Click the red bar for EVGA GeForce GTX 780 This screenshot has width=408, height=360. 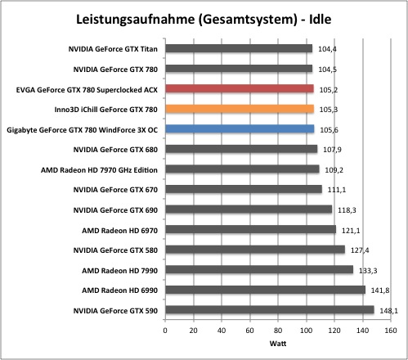point(240,88)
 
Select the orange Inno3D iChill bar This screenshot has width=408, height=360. point(240,109)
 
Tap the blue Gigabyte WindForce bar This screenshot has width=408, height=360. point(240,128)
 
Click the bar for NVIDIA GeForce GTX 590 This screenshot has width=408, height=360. point(270,310)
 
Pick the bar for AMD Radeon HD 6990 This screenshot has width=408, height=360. point(266,290)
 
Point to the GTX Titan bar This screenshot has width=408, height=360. point(239,48)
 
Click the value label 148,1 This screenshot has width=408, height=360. point(389,311)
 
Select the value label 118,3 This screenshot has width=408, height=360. point(347,210)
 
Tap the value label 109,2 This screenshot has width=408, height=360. point(334,170)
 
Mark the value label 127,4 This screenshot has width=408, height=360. point(360,250)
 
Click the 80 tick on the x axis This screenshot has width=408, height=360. point(278,331)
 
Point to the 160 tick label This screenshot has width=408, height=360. point(391,331)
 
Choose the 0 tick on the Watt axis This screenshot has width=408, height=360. point(165,331)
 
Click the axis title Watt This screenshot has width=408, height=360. point(278,344)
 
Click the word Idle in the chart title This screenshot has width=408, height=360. point(321,20)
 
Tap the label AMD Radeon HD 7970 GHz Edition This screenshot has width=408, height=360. point(99,170)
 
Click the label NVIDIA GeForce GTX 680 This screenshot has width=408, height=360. point(115,150)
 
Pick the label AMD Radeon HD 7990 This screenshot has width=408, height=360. point(120,271)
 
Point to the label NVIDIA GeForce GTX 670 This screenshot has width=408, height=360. point(115,190)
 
